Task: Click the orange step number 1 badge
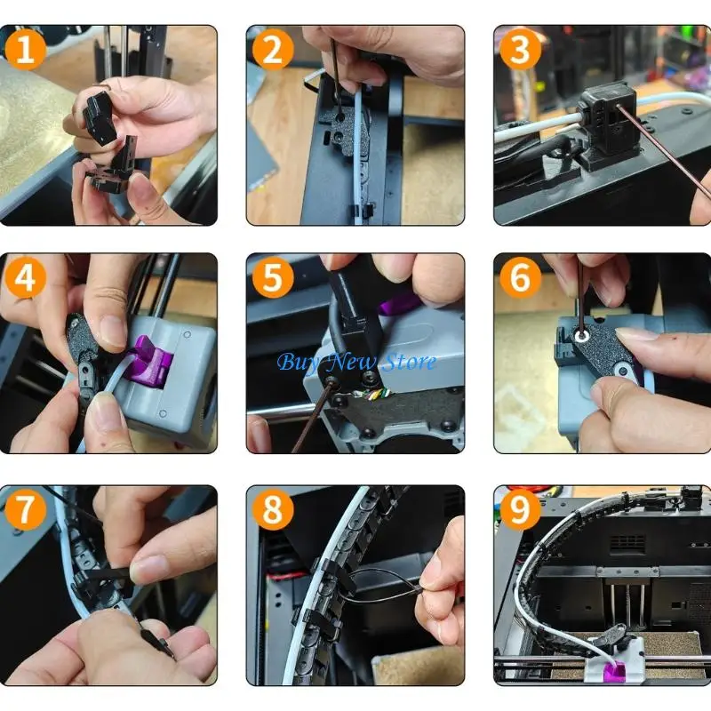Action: click(x=26, y=49)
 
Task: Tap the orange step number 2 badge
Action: click(x=273, y=49)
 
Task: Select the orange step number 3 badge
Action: click(x=521, y=49)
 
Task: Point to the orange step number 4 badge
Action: click(x=26, y=277)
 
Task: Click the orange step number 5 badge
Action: click(x=273, y=277)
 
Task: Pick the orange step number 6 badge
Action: click(x=521, y=277)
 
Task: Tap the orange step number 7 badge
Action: click(x=26, y=509)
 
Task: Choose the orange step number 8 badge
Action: click(x=273, y=509)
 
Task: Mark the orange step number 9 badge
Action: click(x=521, y=509)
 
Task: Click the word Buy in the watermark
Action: click(x=300, y=363)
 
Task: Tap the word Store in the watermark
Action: click(x=409, y=362)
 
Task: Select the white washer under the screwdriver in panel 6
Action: click(x=581, y=336)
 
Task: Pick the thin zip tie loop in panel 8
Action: click(x=381, y=585)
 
